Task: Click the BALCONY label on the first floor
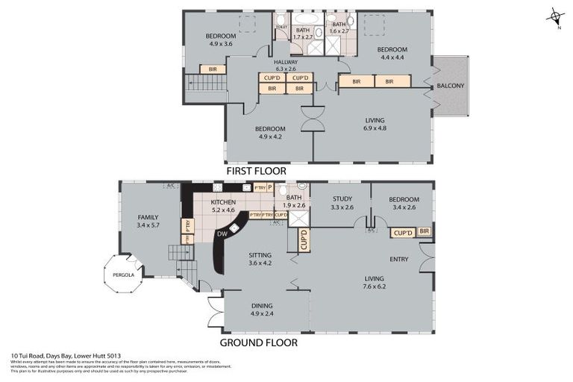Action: click(451, 86)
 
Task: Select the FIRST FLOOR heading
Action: click(257, 171)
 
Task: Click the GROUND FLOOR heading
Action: click(258, 342)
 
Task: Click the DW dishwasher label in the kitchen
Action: click(222, 234)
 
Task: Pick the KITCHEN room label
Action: click(223, 202)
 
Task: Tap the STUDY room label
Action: click(341, 198)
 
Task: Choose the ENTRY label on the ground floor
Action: click(399, 259)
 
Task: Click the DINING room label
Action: click(262, 305)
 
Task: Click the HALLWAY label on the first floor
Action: click(285, 61)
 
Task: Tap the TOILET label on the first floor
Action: click(281, 27)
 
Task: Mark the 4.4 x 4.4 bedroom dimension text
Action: click(392, 57)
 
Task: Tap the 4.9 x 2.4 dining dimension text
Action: click(262, 314)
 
